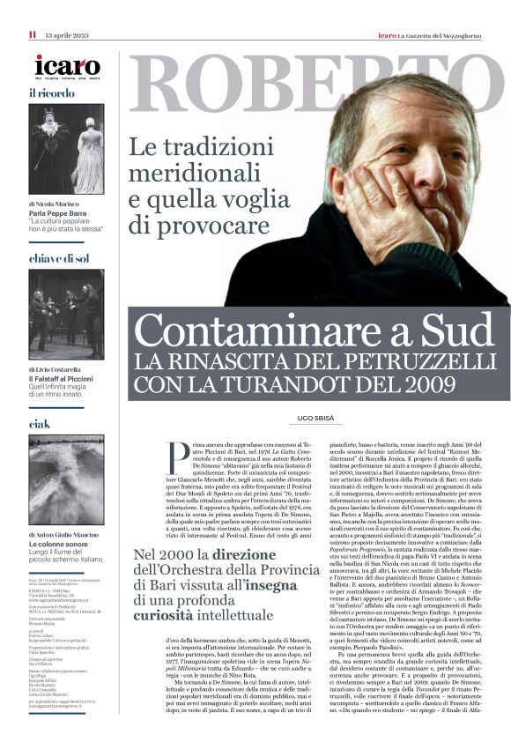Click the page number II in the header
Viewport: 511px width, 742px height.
click(32, 34)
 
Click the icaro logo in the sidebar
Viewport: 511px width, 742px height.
click(67, 66)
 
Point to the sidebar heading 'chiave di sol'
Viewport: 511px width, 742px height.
click(59, 258)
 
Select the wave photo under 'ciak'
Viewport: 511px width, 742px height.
click(66, 476)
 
